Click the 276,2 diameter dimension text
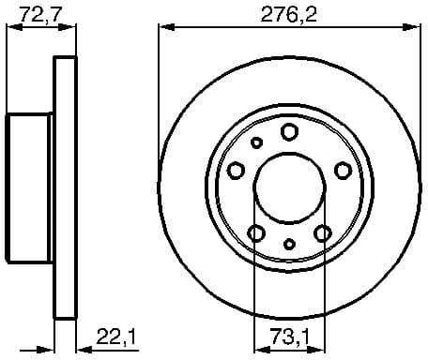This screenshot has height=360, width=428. [289, 13]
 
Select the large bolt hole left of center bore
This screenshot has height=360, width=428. [236, 170]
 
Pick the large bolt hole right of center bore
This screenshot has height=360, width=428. [343, 170]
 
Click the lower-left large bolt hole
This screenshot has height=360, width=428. [255, 232]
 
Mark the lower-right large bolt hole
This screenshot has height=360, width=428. [323, 232]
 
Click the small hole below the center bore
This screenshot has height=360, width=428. [289, 245]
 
